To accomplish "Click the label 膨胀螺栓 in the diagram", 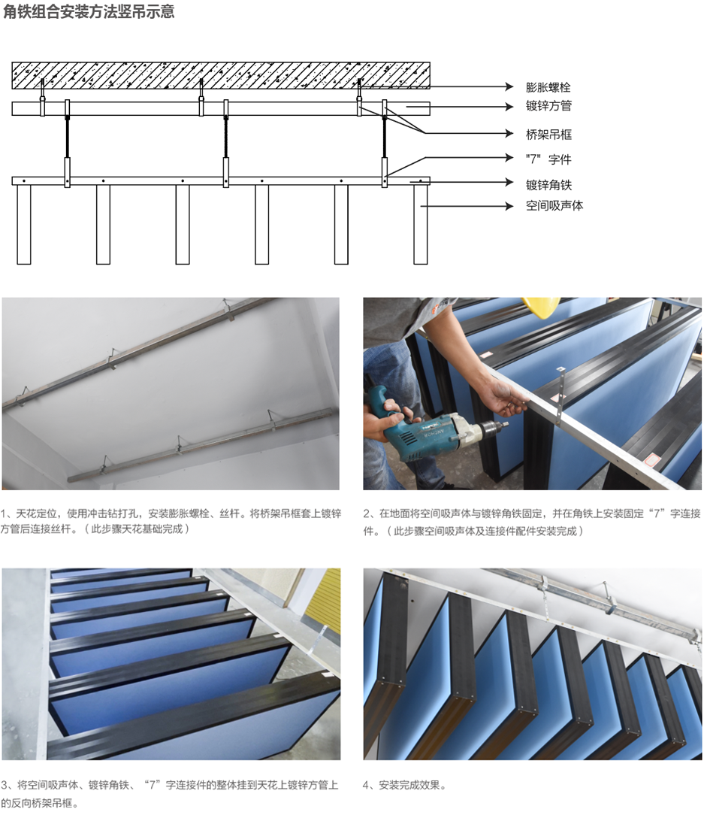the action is (548, 86).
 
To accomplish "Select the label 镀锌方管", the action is (548, 106).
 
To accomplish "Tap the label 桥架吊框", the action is (548, 135).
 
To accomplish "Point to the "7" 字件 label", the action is (548, 159).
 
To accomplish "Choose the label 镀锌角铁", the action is (548, 185).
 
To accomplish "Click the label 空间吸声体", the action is (554, 206).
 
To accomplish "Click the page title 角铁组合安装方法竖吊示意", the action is (89, 11).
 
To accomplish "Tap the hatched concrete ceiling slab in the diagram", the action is (221, 75).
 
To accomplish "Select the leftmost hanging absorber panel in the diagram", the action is (24, 225).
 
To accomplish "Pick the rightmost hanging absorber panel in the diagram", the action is (420, 225).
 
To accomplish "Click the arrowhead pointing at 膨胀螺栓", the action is (509, 86).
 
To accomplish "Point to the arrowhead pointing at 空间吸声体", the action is (509, 206).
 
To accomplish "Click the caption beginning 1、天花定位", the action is (171, 521).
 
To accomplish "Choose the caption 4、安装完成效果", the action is (405, 785).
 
